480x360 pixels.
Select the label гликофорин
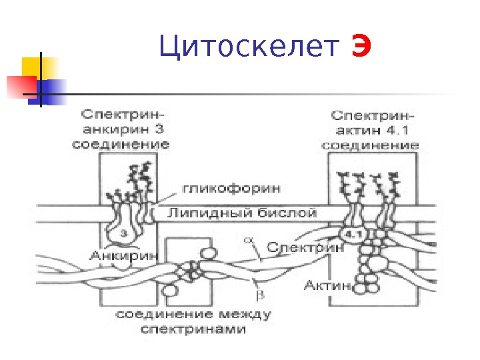(220, 189)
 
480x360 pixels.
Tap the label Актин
(327, 286)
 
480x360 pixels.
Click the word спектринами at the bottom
(193, 329)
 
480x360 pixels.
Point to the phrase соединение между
(193, 314)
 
